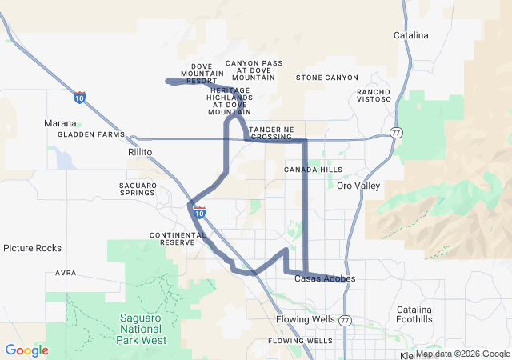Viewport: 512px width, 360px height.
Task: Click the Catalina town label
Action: (x=411, y=35)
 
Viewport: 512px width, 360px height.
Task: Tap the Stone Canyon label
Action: (x=327, y=78)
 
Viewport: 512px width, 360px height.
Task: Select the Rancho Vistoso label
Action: (x=374, y=96)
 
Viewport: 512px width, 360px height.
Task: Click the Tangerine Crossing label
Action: (x=271, y=133)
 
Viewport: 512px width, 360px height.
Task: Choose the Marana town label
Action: (x=60, y=124)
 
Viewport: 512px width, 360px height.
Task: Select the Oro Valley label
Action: (x=358, y=186)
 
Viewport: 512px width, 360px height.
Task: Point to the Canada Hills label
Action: (x=313, y=170)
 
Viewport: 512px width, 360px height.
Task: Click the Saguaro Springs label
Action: (x=137, y=189)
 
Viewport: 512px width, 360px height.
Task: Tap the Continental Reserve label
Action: (x=177, y=238)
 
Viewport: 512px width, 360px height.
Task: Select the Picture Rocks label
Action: (x=32, y=248)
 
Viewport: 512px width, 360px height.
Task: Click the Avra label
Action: (x=66, y=273)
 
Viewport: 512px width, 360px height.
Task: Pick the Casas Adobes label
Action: (x=325, y=278)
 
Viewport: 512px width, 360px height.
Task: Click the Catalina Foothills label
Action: (x=414, y=314)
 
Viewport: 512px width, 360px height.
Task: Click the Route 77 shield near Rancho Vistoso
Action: (x=396, y=131)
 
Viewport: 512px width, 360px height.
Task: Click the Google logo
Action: (x=26, y=350)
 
